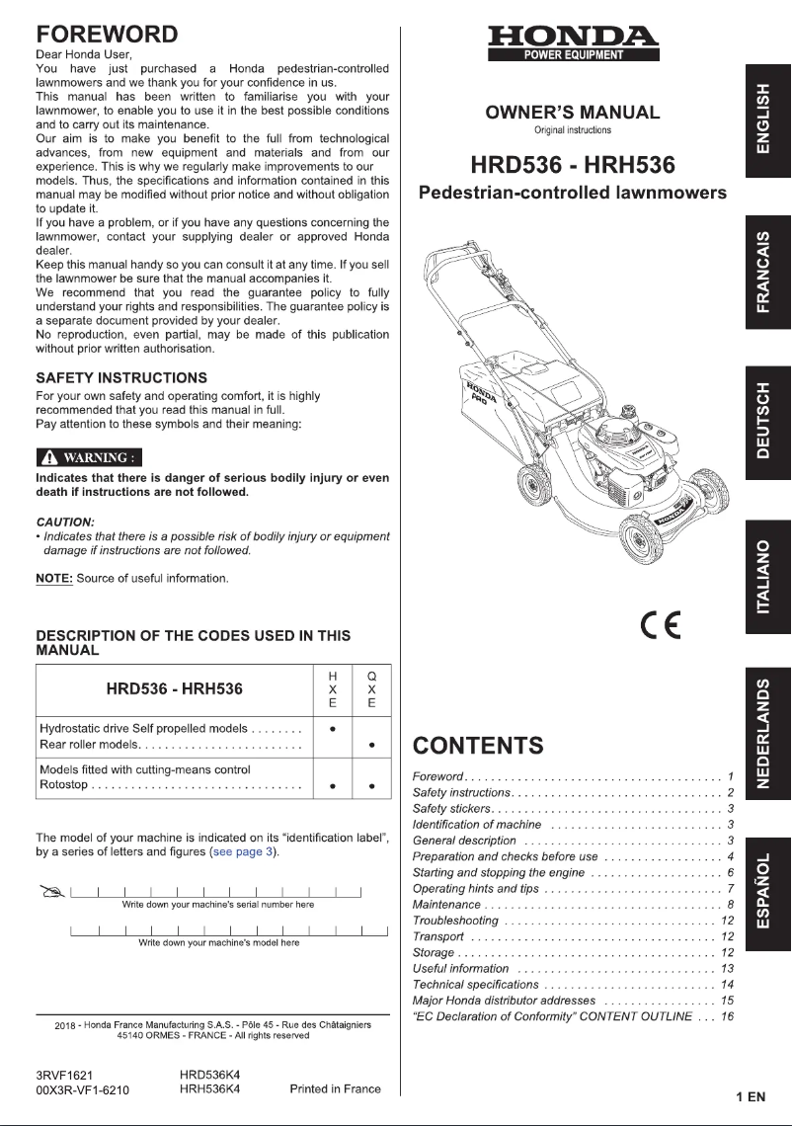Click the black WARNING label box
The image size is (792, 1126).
89,457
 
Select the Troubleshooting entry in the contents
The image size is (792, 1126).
455,921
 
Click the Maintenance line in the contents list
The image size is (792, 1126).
446,905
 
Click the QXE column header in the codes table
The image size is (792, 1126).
371,689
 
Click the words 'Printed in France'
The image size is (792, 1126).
335,1089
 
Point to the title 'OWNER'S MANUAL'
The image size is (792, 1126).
573,112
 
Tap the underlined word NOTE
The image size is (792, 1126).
53,578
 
